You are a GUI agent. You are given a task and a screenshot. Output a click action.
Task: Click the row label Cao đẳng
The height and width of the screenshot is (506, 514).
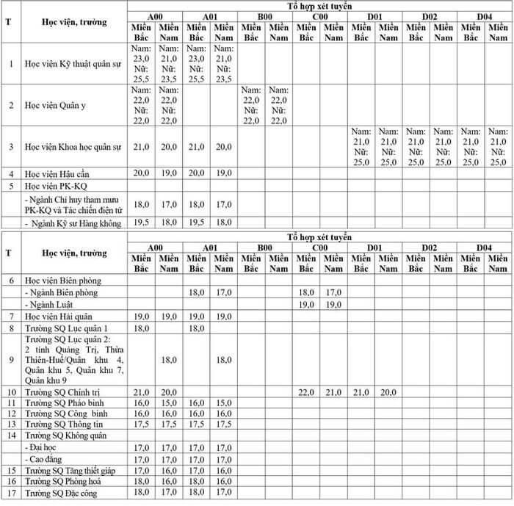point(46,459)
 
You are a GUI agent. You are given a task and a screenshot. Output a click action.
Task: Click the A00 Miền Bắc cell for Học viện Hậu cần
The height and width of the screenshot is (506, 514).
point(141,173)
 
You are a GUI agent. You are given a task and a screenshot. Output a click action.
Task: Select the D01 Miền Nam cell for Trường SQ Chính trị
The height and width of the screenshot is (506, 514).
point(388,392)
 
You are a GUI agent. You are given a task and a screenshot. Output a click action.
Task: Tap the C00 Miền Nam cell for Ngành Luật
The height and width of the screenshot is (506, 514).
point(333,304)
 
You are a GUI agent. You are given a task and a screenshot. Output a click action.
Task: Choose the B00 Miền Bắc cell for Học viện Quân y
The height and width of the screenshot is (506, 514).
point(251,105)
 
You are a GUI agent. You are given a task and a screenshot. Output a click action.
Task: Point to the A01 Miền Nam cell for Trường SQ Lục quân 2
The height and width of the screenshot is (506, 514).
point(224,360)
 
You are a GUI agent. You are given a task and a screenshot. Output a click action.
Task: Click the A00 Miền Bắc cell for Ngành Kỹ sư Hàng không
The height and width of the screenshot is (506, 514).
point(141,221)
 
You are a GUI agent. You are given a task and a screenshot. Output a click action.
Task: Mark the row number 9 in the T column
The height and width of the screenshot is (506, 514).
point(11,360)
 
